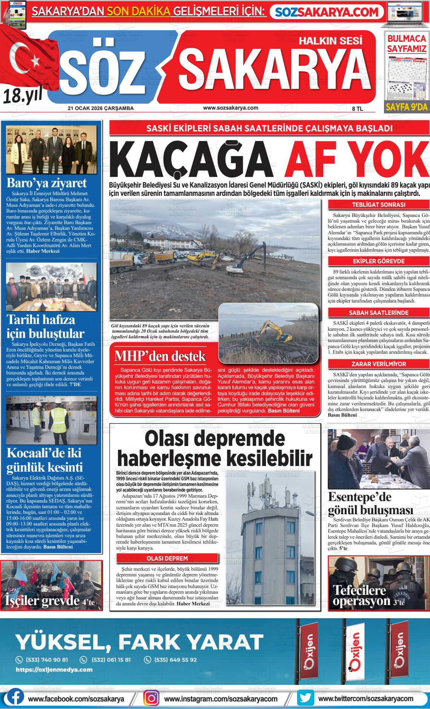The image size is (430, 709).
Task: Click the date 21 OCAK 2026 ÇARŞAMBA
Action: click(x=101, y=108)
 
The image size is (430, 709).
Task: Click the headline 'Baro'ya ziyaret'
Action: click(x=47, y=183)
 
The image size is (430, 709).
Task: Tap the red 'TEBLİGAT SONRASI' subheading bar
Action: click(x=378, y=205)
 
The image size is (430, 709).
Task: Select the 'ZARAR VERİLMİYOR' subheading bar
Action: click(x=378, y=364)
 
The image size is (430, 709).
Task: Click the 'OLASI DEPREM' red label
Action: click(x=167, y=558)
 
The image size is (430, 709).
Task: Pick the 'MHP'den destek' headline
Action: click(x=160, y=356)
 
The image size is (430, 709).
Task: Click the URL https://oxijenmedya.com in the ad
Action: click(x=54, y=669)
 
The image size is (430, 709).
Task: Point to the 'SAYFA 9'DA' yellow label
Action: click(x=407, y=107)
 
